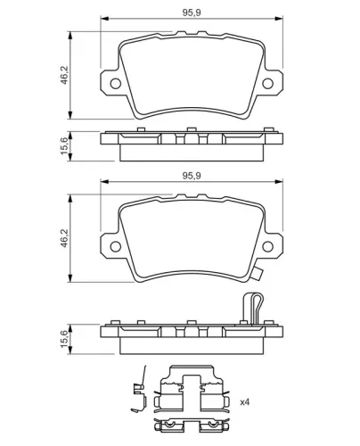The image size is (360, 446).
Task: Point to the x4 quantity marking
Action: pyautogui.click(x=244, y=402)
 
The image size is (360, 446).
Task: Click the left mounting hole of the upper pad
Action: pyautogui.click(x=115, y=85)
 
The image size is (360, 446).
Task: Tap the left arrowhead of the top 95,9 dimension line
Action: pyautogui.click(x=104, y=22)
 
